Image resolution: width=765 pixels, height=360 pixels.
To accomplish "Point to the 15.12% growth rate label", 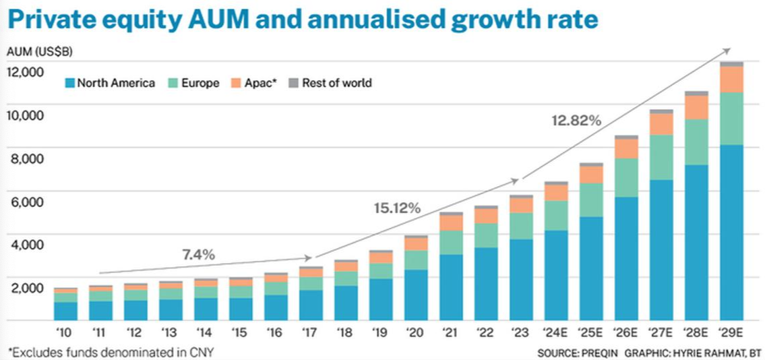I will (x=397, y=208).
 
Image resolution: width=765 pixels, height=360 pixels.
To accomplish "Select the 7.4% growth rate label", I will (x=198, y=255).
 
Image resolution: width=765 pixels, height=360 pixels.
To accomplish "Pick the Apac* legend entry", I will (x=255, y=84).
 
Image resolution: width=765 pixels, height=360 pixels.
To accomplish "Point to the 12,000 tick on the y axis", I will (x=25, y=71).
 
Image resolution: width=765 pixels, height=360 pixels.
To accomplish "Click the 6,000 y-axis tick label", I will (x=28, y=202).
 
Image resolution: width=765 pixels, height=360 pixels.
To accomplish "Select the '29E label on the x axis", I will (x=731, y=332).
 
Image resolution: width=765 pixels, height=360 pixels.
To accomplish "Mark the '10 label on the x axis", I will (x=65, y=332).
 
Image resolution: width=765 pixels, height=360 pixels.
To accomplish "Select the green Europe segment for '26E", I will (x=626, y=177).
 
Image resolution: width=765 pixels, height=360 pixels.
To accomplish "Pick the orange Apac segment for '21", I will (x=451, y=222).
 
